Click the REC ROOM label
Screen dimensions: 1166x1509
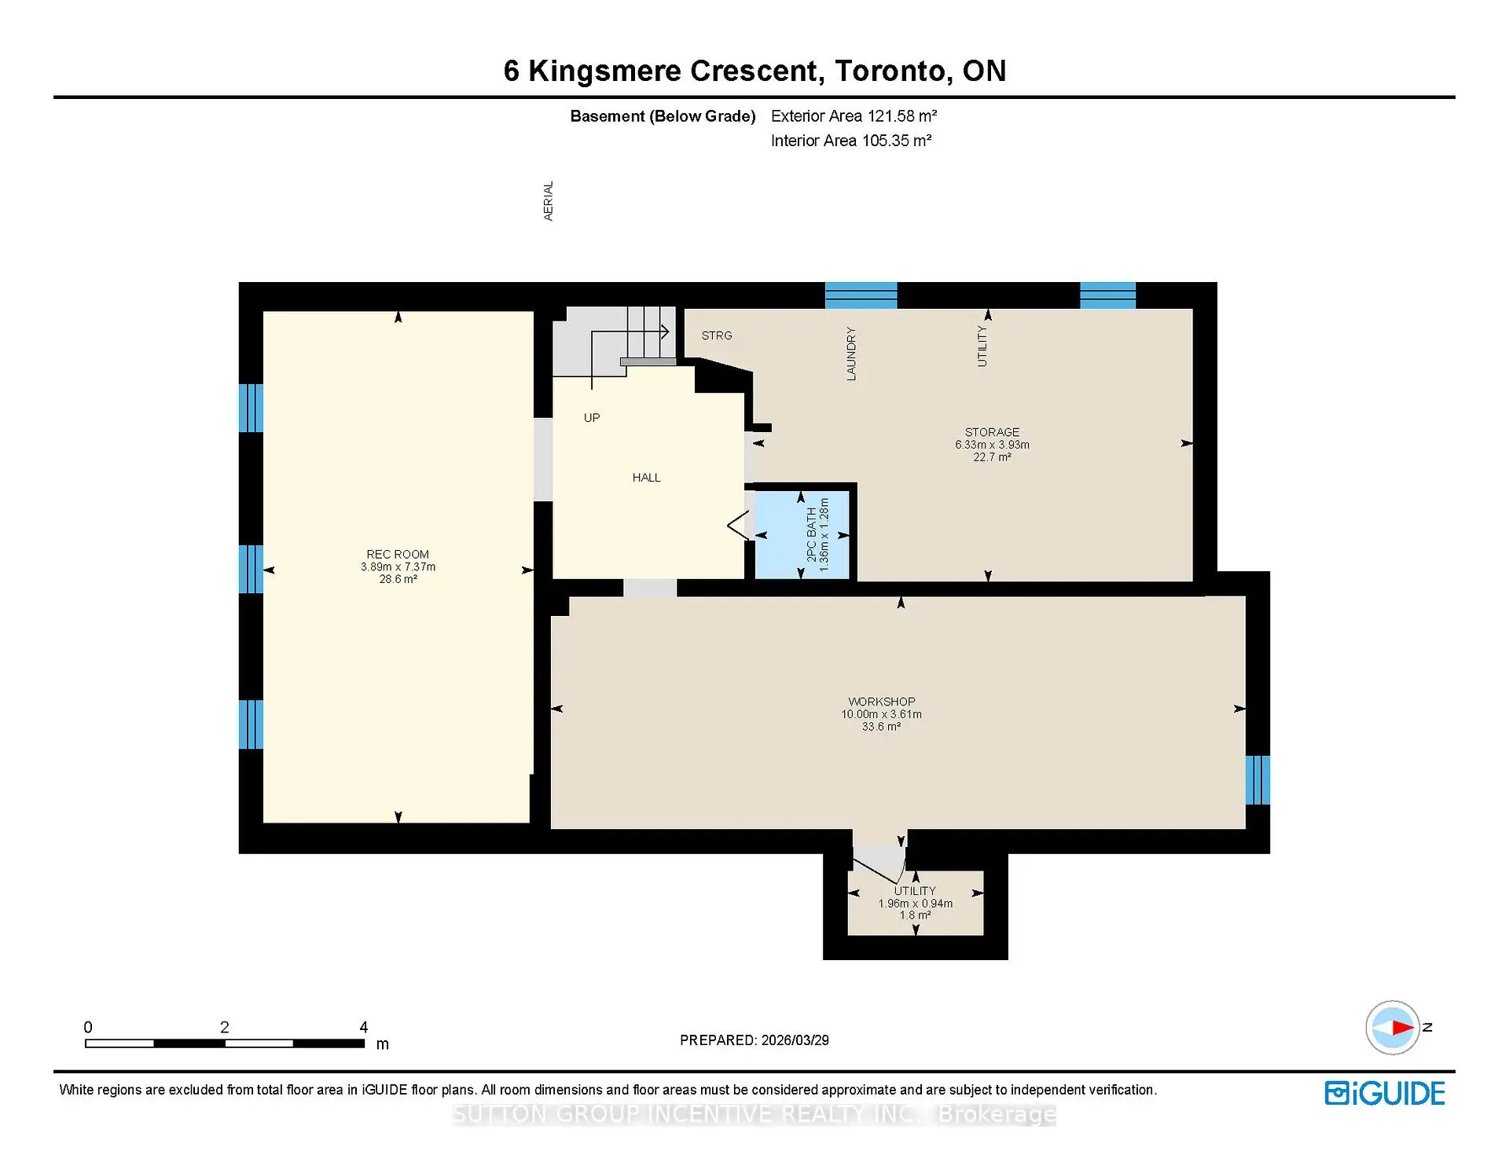pyautogui.click(x=398, y=554)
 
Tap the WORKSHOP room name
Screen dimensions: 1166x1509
pyautogui.click(x=881, y=702)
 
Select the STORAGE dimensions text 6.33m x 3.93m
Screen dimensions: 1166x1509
pyautogui.click(x=992, y=445)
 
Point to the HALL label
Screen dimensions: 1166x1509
pyautogui.click(x=646, y=478)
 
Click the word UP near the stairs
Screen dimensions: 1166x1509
pyautogui.click(x=592, y=418)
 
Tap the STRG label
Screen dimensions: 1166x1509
pyautogui.click(x=717, y=335)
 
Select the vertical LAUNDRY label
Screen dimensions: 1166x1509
pyautogui.click(x=850, y=354)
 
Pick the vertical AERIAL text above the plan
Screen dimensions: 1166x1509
pyautogui.click(x=549, y=201)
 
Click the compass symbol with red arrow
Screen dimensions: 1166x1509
pyautogui.click(x=1393, y=1027)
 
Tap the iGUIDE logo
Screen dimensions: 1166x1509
pyautogui.click(x=1384, y=1094)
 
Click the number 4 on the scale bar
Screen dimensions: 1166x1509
pyautogui.click(x=363, y=1027)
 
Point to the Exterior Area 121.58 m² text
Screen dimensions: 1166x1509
pyautogui.click(x=854, y=116)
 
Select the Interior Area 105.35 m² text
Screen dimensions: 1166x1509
pyautogui.click(x=850, y=141)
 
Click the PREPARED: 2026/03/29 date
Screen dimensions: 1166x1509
pyautogui.click(x=754, y=1040)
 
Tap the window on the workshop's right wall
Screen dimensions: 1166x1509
pyautogui.click(x=1257, y=779)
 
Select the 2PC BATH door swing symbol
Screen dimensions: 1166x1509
pyautogui.click(x=738, y=526)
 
